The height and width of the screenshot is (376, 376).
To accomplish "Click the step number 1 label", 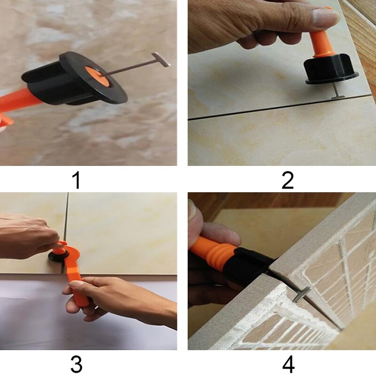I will coord(77,180).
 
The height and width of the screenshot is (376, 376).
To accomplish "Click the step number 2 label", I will coord(287,180).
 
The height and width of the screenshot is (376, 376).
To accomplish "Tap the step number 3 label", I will coord(77,364).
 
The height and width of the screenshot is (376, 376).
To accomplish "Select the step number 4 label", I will coord(287,364).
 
